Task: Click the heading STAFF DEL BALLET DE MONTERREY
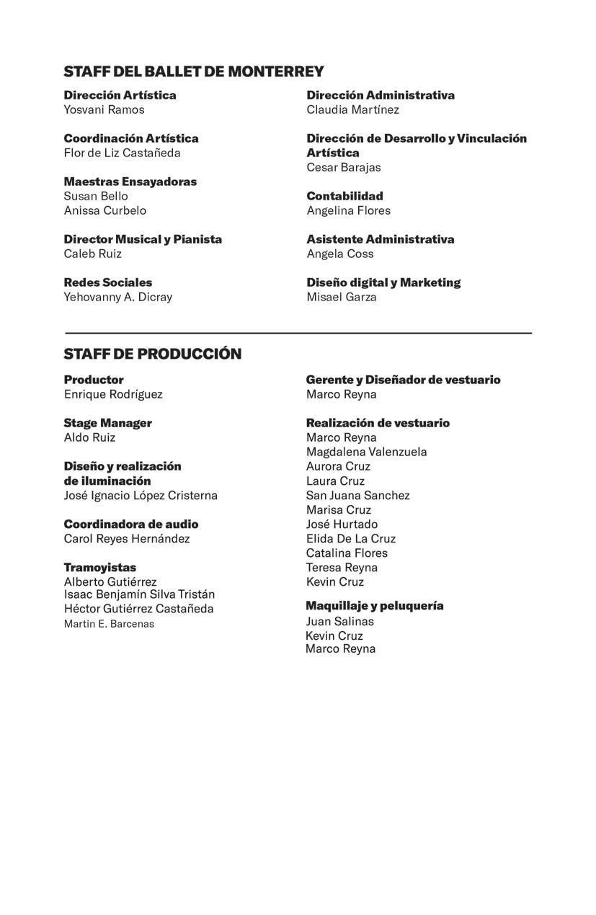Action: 194,71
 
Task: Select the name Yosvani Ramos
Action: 104,110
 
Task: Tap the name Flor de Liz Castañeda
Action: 122,153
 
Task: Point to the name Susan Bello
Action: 96,196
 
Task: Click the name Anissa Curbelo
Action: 104,210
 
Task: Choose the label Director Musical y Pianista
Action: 143,239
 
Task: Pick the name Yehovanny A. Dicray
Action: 117,297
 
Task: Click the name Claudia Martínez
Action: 352,110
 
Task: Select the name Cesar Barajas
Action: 343,167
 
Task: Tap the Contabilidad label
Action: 344,196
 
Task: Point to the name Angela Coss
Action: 340,254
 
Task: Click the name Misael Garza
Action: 342,297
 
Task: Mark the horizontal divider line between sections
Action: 298,333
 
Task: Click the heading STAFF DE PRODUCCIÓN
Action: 153,354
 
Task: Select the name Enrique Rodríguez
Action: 113,394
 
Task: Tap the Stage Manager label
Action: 107,423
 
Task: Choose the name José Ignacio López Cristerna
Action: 141,496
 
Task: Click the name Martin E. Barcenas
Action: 109,624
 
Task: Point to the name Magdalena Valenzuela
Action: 366,452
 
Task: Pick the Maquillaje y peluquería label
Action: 374,606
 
